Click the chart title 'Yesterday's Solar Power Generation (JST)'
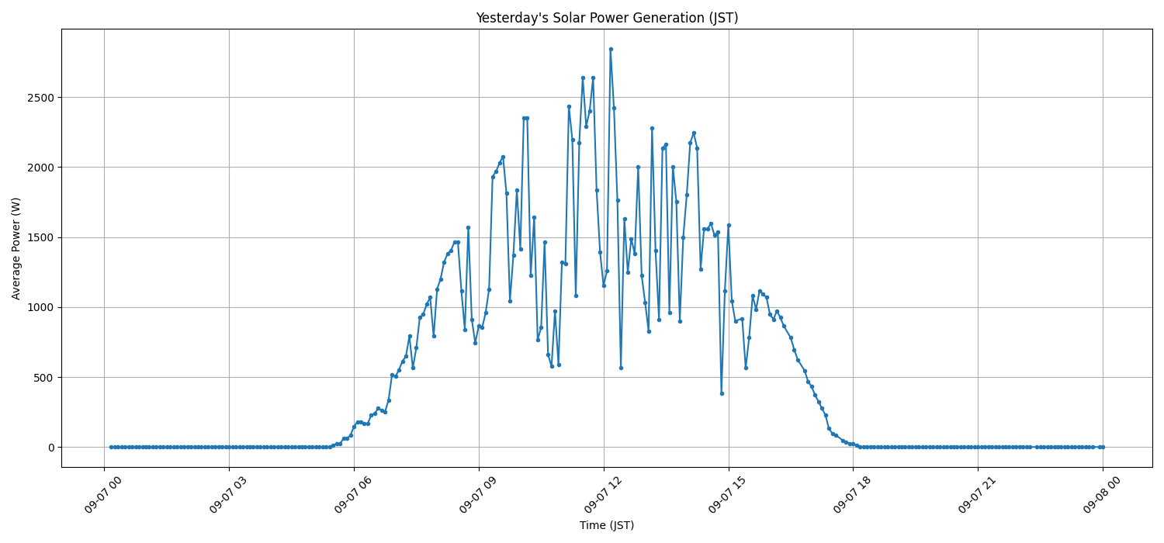tap(607, 18)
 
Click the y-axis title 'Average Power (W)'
tap(16, 248)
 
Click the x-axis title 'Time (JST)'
tap(607, 525)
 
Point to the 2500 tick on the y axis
tap(42, 98)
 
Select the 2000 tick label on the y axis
tap(42, 168)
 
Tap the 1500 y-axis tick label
tap(42, 237)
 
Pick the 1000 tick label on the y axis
tap(42, 307)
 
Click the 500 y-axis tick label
tap(45, 378)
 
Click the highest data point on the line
tap(611, 49)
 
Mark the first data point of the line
tap(111, 447)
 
